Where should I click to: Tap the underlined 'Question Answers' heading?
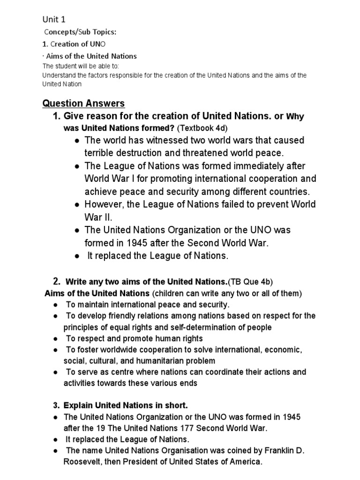(x=83, y=103)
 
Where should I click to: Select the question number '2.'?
(x=57, y=282)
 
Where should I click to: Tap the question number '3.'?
(x=56, y=405)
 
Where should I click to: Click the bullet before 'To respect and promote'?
(x=56, y=339)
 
